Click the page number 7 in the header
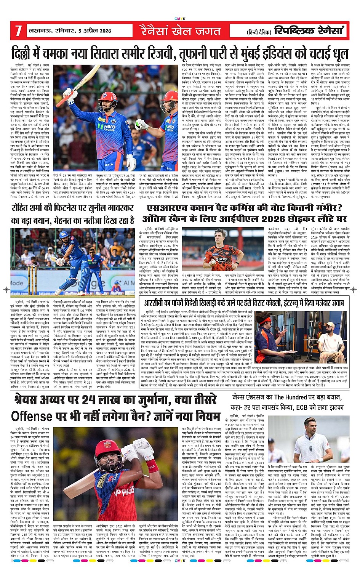[18, 31]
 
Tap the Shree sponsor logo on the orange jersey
[222, 259]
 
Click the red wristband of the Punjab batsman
[152, 466]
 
